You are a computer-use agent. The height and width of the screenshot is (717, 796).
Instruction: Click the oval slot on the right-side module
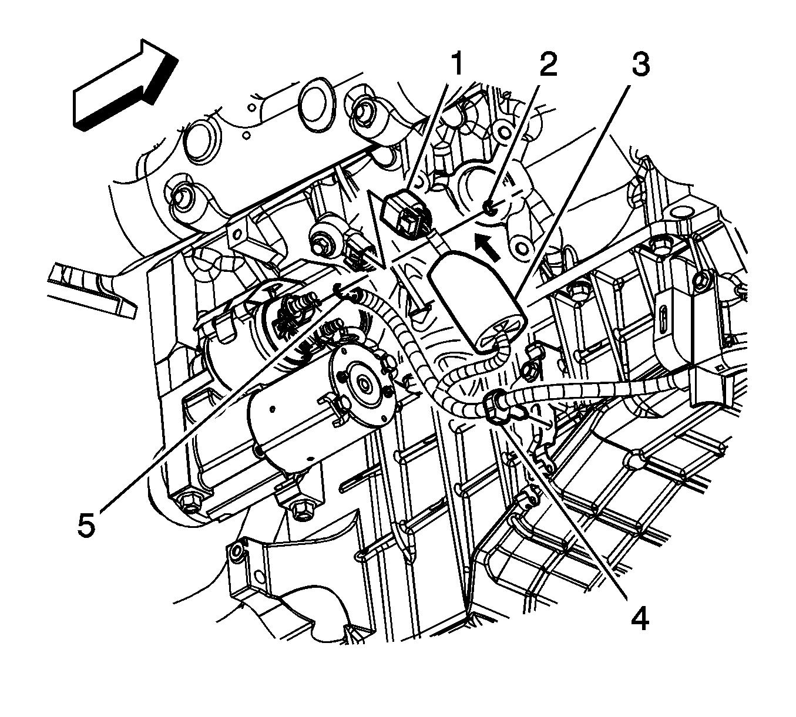pos(663,322)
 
